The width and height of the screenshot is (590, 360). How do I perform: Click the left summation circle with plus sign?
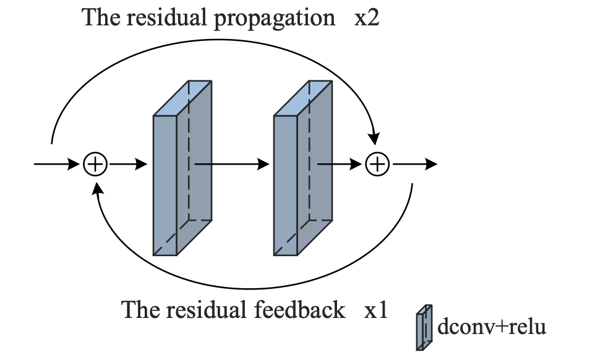95,165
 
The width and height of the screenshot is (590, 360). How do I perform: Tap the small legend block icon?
424,327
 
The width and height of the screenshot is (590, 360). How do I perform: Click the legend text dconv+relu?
491,326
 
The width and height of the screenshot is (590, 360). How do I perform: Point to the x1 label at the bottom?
375,310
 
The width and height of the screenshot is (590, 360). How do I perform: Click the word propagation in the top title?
274,19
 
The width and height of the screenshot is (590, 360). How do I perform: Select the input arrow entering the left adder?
58,165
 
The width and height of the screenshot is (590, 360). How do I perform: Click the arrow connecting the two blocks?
232,165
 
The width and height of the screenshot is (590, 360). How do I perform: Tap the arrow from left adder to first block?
127,165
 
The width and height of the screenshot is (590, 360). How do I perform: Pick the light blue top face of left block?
184,98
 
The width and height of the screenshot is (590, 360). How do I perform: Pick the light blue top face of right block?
304,98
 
